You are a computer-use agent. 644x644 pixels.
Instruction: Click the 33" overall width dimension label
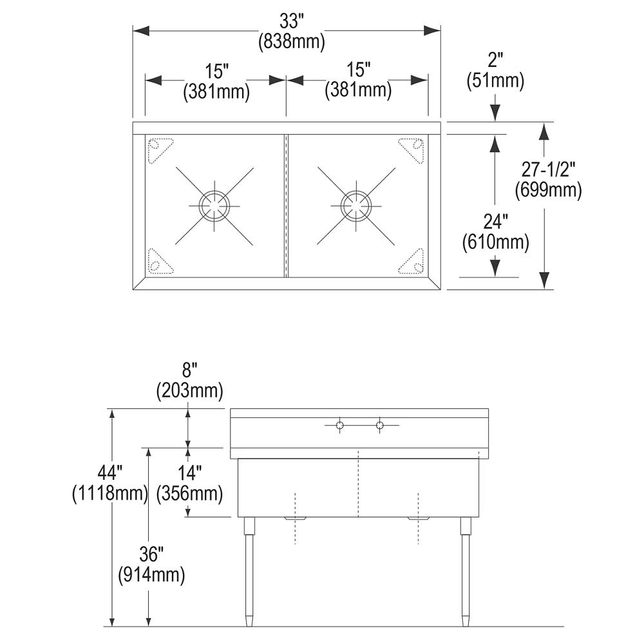[x=292, y=21]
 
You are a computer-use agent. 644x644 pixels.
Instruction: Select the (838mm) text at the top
[x=292, y=42]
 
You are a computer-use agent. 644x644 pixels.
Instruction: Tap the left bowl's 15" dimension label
[x=216, y=70]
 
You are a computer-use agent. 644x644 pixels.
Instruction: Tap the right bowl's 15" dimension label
[x=357, y=70]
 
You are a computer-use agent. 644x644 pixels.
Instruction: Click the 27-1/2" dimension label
[x=548, y=169]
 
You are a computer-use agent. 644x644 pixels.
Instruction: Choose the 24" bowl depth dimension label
[x=495, y=222]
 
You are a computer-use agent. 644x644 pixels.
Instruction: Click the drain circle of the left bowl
[x=214, y=206]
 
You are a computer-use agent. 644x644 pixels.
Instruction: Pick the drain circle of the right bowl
[x=356, y=206]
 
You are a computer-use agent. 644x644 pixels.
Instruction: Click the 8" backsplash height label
[x=189, y=369]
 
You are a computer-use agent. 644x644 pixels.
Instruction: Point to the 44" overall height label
[x=110, y=473]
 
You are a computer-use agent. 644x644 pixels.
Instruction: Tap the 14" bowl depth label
[x=189, y=473]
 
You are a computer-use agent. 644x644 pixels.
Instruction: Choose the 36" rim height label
[x=151, y=553]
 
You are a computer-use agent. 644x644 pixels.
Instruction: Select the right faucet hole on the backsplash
[x=380, y=425]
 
